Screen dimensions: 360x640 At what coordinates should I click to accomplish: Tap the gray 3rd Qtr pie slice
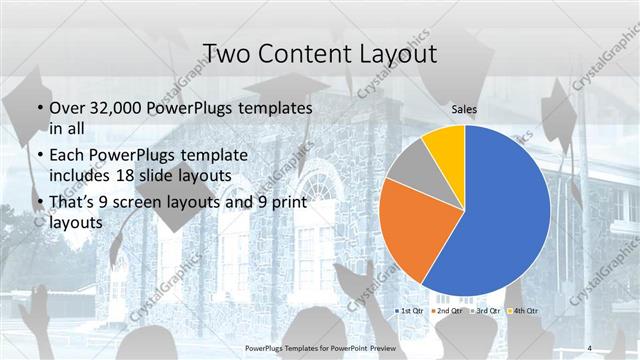[x=407, y=167]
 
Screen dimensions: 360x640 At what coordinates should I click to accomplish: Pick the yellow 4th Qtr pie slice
[x=444, y=145]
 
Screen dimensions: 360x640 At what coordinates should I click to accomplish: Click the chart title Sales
[x=463, y=108]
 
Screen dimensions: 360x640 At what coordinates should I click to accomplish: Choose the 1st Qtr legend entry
[x=410, y=311]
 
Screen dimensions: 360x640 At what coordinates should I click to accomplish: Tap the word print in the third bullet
[x=287, y=203]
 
